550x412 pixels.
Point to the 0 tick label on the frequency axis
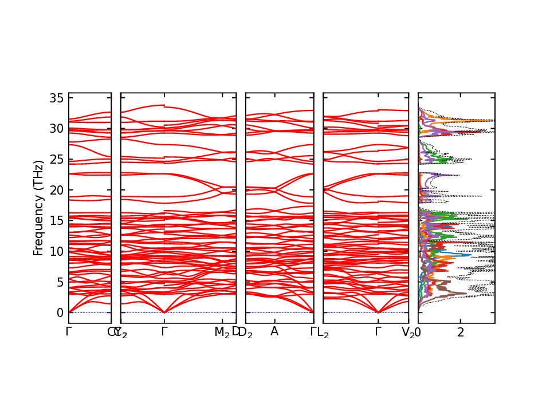click(59, 313)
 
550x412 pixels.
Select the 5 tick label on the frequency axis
click(59, 282)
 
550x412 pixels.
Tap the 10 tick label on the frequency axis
click(56, 251)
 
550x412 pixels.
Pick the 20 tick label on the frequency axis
click(56, 190)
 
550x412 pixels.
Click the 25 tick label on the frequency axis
click(56, 159)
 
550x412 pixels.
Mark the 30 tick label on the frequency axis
click(56, 129)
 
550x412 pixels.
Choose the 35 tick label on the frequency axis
click(56, 98)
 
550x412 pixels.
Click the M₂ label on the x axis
click(222, 332)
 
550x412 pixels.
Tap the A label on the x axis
click(274, 332)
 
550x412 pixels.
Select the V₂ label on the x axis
click(408, 332)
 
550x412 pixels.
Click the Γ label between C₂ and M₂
click(164, 332)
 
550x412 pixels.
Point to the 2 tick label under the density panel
click(461, 332)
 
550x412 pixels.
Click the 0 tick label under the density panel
click(418, 332)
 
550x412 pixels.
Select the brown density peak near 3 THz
click(465, 294)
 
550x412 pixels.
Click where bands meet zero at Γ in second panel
click(164, 312)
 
